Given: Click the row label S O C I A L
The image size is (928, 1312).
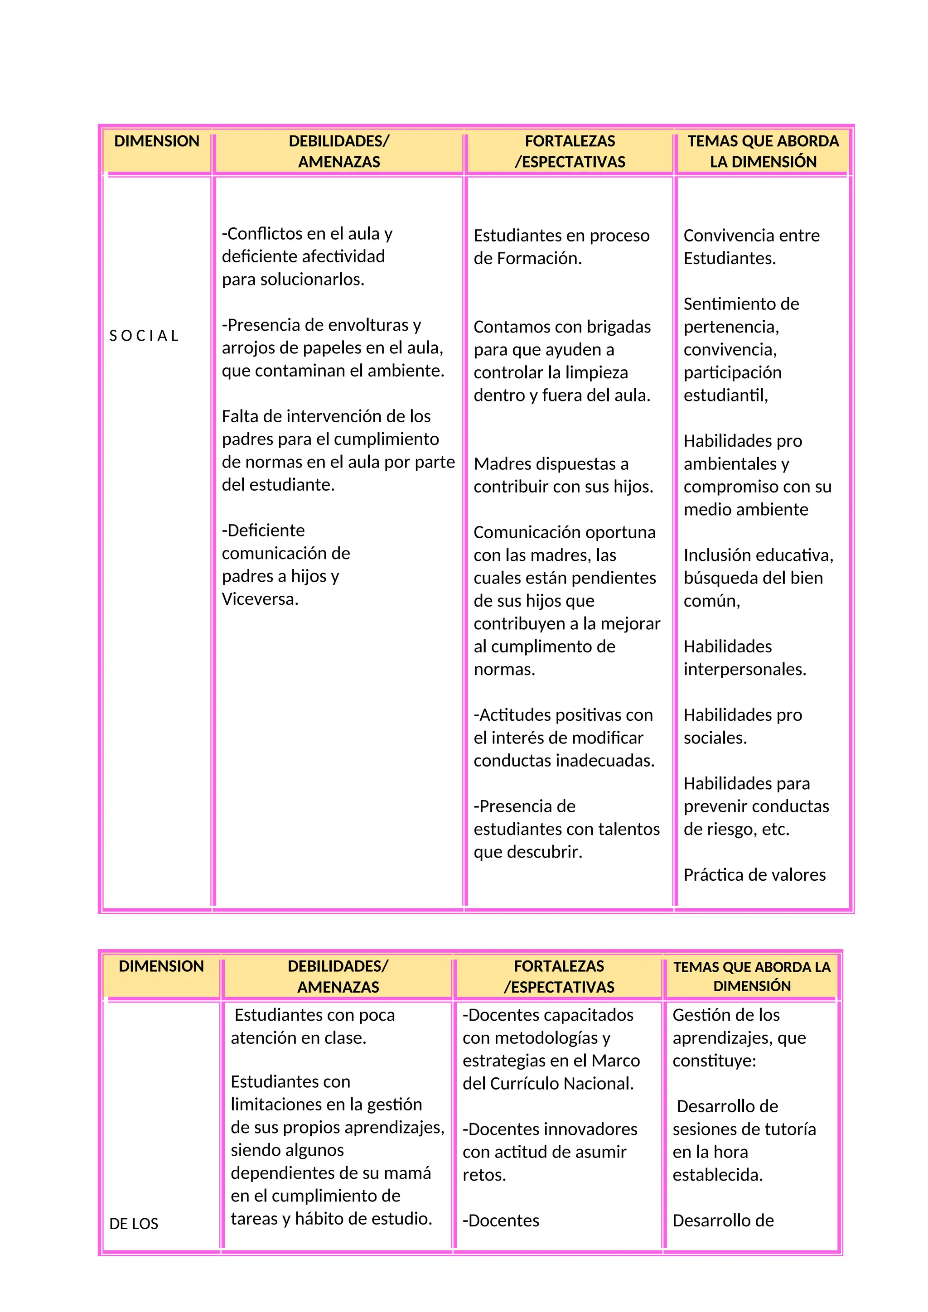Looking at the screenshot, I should pyautogui.click(x=144, y=336).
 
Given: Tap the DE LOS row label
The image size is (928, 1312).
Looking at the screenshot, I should pyautogui.click(x=134, y=1223).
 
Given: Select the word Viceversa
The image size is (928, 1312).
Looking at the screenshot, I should pyautogui.click(x=260, y=599).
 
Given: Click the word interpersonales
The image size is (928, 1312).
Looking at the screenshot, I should pyautogui.click(x=744, y=669).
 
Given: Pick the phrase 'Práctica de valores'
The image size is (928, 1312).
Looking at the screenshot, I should pyautogui.click(x=754, y=875).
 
